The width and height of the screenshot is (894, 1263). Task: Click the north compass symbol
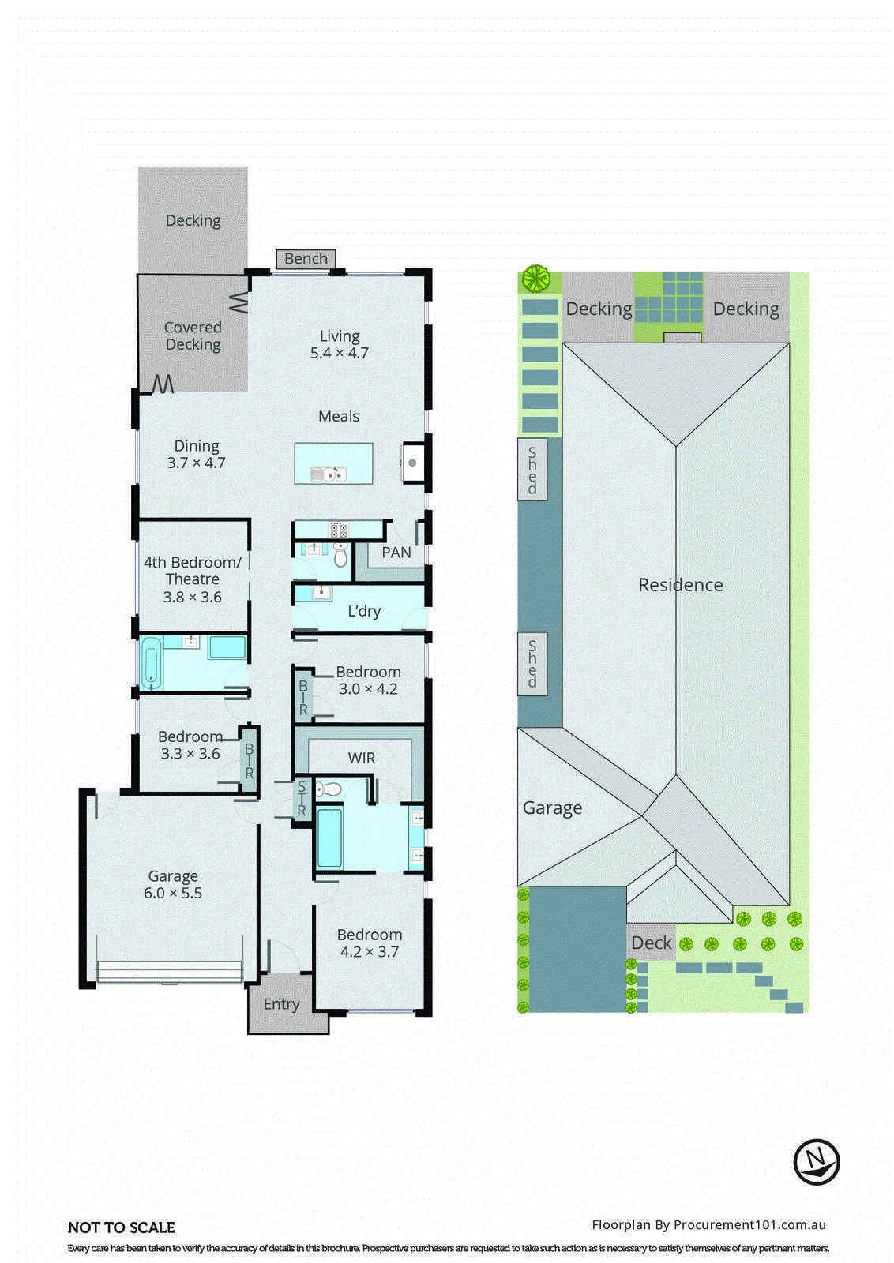click(816, 1162)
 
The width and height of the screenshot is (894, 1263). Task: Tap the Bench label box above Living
click(306, 259)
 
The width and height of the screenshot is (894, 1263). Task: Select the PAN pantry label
click(396, 553)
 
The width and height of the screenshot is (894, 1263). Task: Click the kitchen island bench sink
click(328, 474)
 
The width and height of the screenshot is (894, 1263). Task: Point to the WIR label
click(362, 758)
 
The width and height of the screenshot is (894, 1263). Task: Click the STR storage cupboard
click(302, 799)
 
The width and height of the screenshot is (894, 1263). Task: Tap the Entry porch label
click(281, 1004)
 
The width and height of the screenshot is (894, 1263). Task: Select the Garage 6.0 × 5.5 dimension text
click(173, 894)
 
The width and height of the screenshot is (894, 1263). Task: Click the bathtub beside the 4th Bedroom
click(151, 662)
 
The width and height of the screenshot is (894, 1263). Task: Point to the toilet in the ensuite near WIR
click(329, 789)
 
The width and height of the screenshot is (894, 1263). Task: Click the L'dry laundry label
click(364, 611)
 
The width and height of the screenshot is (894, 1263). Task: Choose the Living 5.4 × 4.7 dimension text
click(340, 353)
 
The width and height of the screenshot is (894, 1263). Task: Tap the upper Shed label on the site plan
click(532, 470)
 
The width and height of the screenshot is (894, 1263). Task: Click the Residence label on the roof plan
click(680, 585)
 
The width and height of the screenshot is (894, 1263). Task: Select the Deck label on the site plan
click(652, 943)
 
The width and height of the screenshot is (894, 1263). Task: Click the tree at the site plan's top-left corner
click(535, 278)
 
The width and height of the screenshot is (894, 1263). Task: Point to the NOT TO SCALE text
click(122, 1227)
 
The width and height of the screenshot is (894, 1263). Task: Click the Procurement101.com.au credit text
click(708, 1225)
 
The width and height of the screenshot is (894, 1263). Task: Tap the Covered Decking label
click(193, 335)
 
